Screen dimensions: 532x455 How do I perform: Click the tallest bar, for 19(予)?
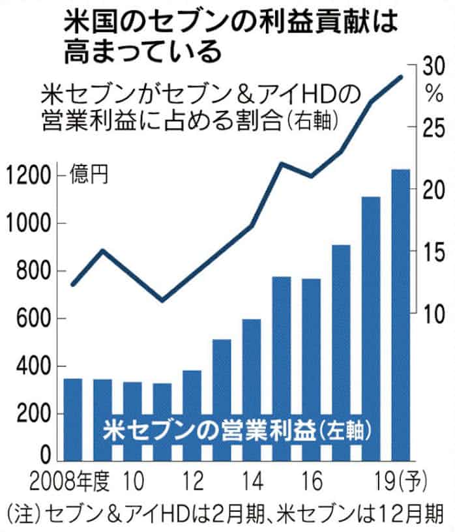(400, 313)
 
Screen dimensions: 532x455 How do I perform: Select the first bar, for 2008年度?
(72, 417)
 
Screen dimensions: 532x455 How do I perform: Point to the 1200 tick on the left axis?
(29, 176)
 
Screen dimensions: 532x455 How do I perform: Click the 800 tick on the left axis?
(33, 271)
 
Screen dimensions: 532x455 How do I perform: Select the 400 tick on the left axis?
(33, 367)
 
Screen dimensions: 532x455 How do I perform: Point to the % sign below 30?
(433, 93)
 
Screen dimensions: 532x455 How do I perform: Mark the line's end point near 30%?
(400, 76)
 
